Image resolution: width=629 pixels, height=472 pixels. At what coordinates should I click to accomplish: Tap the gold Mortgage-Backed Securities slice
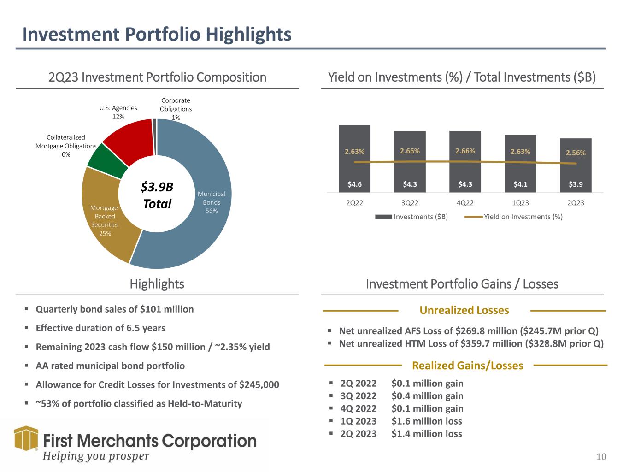pos(106,221)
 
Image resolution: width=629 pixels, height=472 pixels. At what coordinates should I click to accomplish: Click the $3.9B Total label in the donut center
pos(157,195)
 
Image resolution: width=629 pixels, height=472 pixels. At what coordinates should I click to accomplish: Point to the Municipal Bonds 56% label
pos(212,202)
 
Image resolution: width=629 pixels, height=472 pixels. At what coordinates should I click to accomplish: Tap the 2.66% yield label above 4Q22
pos(465,151)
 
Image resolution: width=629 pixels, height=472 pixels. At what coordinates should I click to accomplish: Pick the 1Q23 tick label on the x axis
pos(520,203)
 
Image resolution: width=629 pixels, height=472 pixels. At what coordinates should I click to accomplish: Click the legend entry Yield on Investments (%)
pos(523,217)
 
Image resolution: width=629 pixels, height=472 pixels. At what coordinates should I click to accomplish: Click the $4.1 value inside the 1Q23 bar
pos(520,184)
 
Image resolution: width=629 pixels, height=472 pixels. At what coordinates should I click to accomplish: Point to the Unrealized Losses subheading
pos(464,311)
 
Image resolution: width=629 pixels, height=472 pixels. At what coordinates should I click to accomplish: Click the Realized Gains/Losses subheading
pos(467,366)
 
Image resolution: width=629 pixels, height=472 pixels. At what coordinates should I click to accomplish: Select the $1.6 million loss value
pos(426,421)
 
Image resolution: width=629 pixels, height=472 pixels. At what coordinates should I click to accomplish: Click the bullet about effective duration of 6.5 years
pos(100,328)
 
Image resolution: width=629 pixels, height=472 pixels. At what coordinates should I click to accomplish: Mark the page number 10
pos(601,457)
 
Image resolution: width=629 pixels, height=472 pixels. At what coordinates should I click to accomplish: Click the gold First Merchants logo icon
pos(26,438)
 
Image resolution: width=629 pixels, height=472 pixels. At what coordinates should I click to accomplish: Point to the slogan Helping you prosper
pos(96,456)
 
